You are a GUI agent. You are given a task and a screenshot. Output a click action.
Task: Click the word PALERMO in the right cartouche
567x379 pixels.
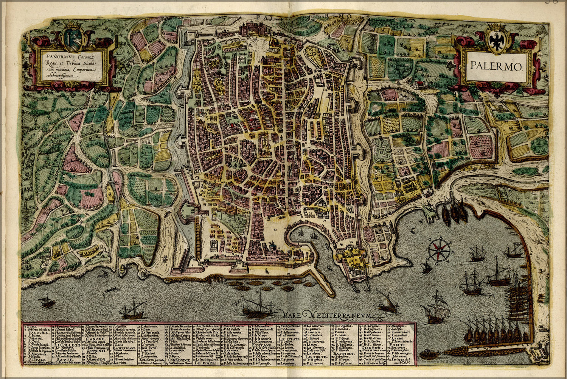click(x=496, y=67)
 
